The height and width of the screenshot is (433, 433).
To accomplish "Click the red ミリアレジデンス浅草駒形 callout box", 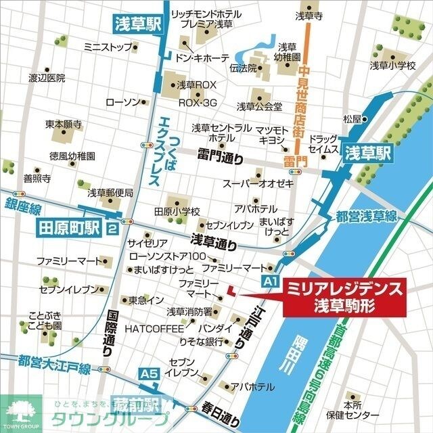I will click(344, 296).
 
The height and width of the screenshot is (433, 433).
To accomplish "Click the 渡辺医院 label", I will click(47, 78).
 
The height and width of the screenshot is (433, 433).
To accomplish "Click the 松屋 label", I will click(352, 119).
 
